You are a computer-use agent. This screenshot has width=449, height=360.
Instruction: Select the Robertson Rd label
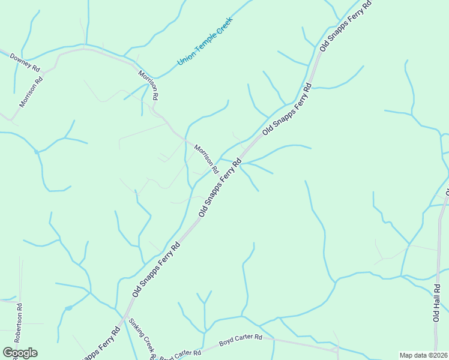tap(18, 323)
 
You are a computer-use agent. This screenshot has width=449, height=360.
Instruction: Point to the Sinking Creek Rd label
tap(143, 339)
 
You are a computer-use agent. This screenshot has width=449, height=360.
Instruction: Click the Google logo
tap(20, 353)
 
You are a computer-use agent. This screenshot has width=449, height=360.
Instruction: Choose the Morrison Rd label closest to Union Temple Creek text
tap(148, 85)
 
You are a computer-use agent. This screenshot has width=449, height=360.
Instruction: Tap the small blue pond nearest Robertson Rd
tap(68, 308)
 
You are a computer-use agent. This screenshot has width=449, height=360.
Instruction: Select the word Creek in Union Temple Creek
tap(223, 26)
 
